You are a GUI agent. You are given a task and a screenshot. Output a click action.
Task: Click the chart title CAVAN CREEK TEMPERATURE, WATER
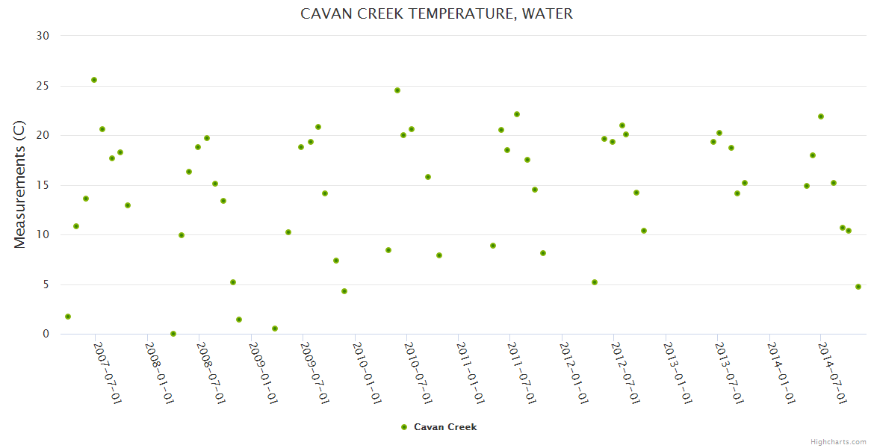pos(436,13)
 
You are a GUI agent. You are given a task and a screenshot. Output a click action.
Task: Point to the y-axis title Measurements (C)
pos(20,184)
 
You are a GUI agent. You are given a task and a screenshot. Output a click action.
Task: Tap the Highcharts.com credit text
pos(838,441)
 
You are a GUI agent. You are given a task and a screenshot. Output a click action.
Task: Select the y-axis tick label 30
pos(43,36)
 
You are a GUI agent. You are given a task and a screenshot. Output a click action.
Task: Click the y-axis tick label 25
pos(43,86)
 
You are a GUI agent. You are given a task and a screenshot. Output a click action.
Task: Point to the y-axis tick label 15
pos(43,185)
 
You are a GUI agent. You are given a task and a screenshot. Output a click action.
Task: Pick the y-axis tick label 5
pos(46,284)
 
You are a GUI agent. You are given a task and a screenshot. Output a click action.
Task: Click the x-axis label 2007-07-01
pos(108,373)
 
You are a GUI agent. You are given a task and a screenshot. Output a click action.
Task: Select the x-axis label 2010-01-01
pos(367,373)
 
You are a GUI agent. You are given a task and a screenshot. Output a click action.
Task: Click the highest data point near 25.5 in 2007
pos(94,80)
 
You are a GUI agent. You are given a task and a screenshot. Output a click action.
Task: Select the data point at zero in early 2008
pos(173,334)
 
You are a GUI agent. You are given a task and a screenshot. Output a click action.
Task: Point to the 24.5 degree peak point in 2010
pos(397,90)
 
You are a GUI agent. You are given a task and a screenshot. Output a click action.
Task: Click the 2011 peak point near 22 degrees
pos(517,114)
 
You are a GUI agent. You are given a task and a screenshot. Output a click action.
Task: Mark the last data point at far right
pos(858,287)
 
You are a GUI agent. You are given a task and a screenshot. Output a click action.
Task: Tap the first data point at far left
pos(68,317)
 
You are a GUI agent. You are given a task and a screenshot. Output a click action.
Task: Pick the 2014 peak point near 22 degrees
pos(821,116)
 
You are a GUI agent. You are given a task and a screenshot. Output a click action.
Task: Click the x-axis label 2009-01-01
pos(263,373)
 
